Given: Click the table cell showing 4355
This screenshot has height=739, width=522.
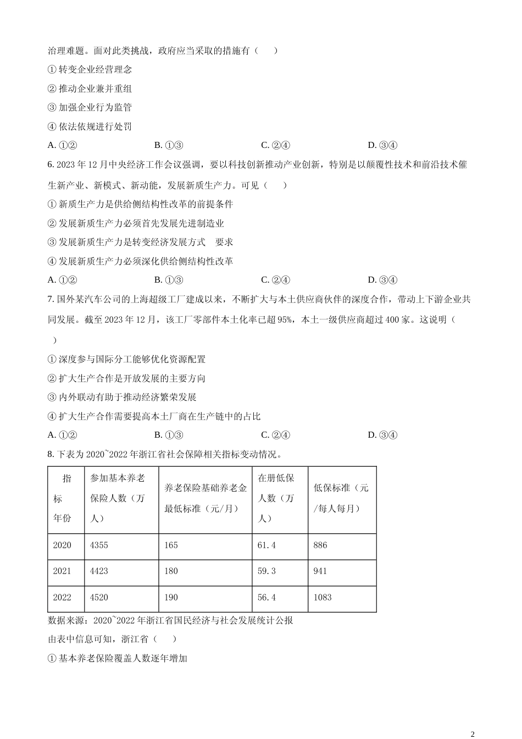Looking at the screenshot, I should (99, 545).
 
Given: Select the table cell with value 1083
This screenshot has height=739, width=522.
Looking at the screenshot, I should (323, 597).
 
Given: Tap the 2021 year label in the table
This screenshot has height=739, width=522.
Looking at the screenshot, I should (62, 571).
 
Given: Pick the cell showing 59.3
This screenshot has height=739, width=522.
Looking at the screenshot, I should (267, 571).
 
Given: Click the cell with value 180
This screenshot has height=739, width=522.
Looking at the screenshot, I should (171, 571).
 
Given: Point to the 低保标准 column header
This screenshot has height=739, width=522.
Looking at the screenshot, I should (341, 498).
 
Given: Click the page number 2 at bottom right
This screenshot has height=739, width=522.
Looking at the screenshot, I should (473, 734).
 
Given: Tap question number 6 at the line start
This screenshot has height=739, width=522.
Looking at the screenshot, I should (51, 164).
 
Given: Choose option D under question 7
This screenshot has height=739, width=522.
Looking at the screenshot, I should (382, 435).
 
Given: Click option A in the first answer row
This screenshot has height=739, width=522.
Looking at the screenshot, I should (62, 145).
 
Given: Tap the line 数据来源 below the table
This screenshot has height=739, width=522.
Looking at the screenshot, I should (170, 620).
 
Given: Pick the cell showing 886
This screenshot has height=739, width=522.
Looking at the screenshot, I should (320, 545).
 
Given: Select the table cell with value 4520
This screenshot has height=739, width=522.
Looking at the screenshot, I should (99, 597).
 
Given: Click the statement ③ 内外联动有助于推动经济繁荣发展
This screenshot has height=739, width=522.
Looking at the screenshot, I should (123, 397).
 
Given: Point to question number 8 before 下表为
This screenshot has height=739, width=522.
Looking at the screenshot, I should (51, 454).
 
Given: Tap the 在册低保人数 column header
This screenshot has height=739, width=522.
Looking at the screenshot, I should (276, 498).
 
